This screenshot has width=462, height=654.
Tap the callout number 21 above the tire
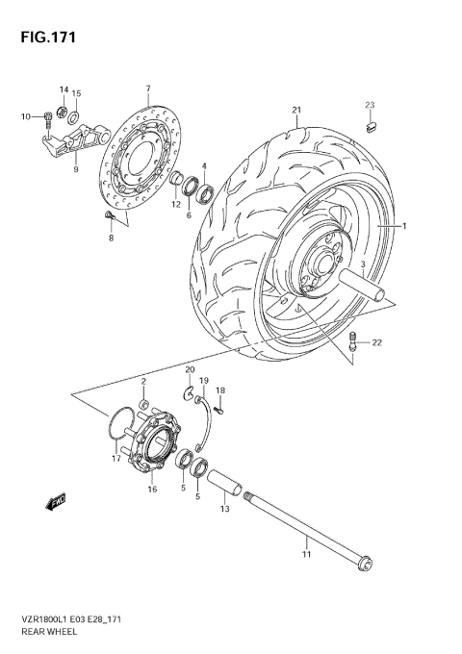pos(297,109)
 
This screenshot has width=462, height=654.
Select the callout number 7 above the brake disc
pos(147,89)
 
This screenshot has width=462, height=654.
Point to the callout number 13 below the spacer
pos(224,509)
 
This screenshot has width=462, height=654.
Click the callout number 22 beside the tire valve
pos(377,342)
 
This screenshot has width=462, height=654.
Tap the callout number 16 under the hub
pos(151,490)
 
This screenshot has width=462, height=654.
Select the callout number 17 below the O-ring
pos(115,459)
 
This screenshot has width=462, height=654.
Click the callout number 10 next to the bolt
pos(27,117)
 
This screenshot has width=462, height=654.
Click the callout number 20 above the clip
pos(190,370)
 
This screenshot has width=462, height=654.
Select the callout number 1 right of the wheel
pos(404,226)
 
